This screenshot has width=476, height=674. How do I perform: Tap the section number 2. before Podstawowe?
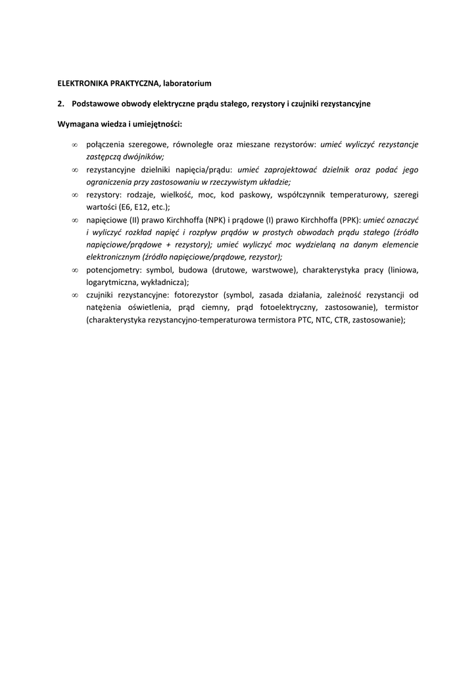[61, 104]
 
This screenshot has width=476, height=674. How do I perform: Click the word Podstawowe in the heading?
[96, 104]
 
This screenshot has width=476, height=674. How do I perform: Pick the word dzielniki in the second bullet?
[156, 170]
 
